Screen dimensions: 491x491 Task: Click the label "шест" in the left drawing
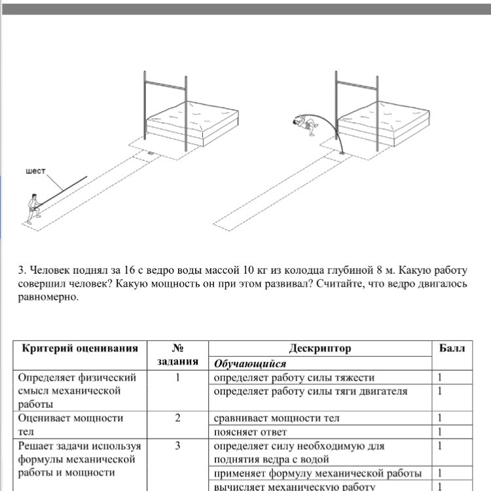click(x=35, y=171)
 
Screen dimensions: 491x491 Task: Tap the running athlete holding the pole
click(x=33, y=209)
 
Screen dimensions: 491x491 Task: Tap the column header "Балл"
click(x=452, y=348)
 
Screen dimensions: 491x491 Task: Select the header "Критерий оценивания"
click(x=81, y=348)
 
